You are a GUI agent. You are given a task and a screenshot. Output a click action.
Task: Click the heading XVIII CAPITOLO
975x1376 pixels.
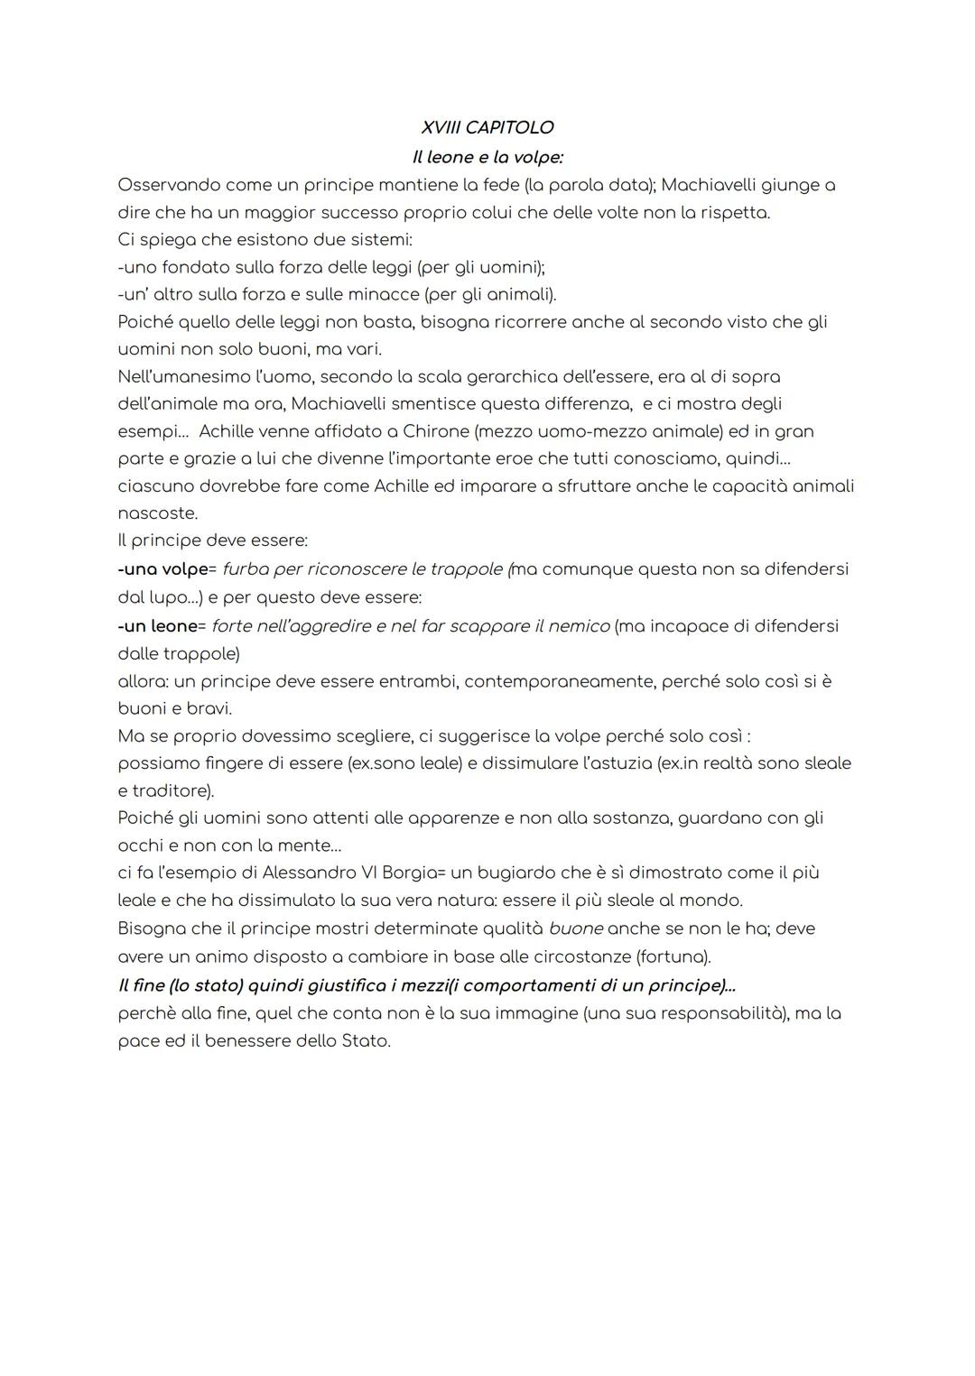tap(487, 128)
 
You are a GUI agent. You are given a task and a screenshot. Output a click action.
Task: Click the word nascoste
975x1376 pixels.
tap(156, 513)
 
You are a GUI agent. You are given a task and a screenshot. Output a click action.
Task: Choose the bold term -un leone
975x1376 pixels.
tap(157, 625)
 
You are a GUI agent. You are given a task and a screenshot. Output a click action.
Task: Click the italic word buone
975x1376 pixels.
tap(575, 928)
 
